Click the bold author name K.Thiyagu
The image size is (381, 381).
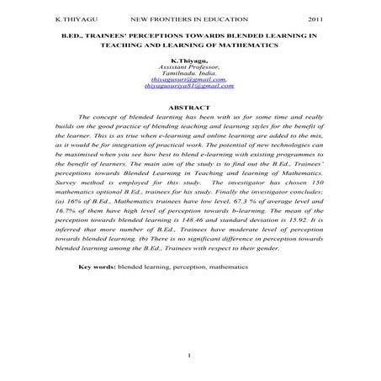(189, 61)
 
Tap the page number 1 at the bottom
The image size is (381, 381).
(191, 354)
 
